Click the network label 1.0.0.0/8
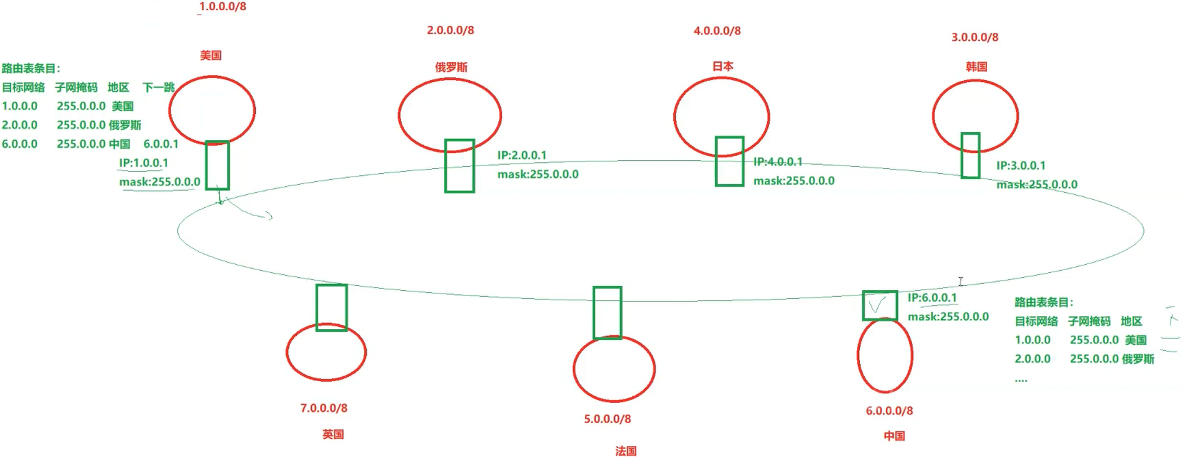(x=222, y=6)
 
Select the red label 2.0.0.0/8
(x=450, y=30)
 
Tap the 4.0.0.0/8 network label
(x=717, y=31)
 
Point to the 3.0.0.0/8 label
(x=975, y=37)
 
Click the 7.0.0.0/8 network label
(x=324, y=408)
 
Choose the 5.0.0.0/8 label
(x=607, y=419)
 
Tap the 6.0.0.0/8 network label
(x=889, y=411)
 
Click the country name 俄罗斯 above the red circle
(x=451, y=67)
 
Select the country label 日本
(x=723, y=66)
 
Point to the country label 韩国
(x=976, y=67)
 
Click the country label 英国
(x=333, y=434)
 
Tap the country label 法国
(x=626, y=451)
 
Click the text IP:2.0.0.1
(x=522, y=155)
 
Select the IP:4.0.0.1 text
(x=778, y=162)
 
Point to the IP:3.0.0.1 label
(x=1021, y=166)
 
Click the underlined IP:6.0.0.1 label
(x=932, y=298)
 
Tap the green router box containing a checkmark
(x=879, y=306)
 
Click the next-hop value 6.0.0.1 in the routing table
(x=161, y=144)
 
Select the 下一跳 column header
(x=158, y=87)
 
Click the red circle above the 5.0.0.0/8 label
(x=614, y=369)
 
